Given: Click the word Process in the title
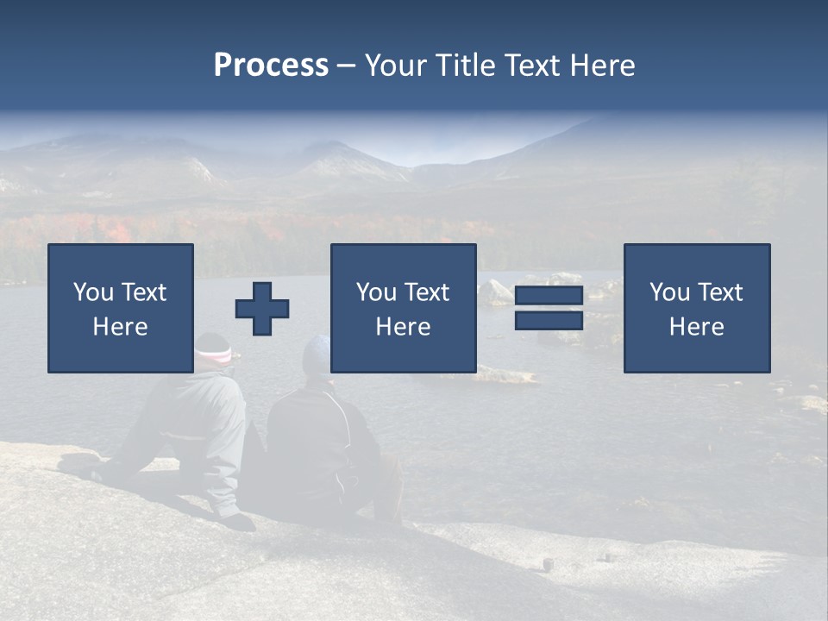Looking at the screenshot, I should (x=271, y=66).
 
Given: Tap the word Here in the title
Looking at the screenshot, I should (x=602, y=66).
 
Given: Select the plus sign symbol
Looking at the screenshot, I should (x=262, y=309).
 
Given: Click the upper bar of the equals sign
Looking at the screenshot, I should (x=549, y=296).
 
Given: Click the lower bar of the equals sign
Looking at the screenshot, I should (x=549, y=321).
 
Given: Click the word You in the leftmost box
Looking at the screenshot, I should (x=92, y=292).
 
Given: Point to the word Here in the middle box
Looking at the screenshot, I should (x=404, y=327).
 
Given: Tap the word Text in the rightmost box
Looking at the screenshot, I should (x=721, y=292).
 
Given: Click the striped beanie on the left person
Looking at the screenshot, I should (x=213, y=349).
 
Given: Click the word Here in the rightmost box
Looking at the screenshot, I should (x=697, y=327).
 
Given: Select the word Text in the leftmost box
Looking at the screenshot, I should (x=143, y=292).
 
